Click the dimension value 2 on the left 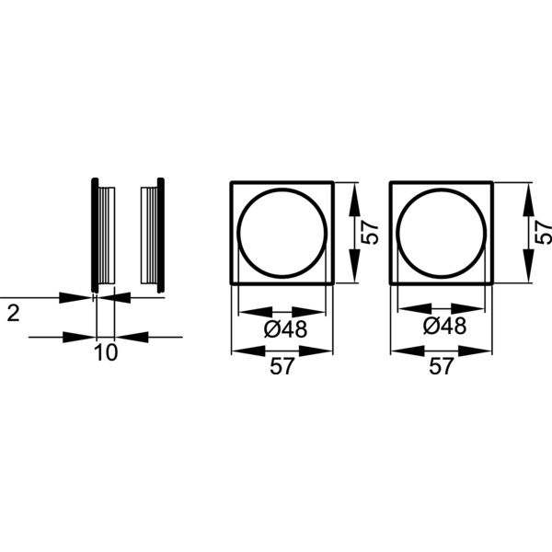(13, 313)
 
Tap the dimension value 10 (106, 353)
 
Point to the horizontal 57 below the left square (282, 367)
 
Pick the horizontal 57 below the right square (442, 367)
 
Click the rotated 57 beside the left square (370, 232)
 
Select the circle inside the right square (443, 233)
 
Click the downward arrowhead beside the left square (354, 272)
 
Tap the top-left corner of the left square (232, 183)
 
